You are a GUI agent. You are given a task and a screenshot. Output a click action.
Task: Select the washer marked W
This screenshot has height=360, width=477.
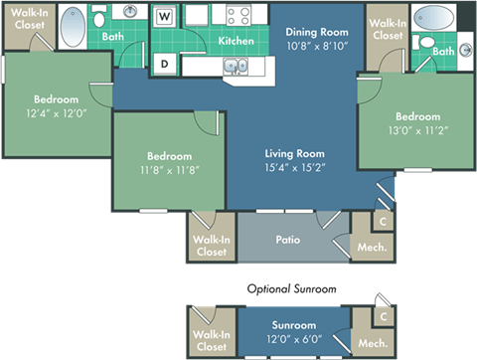165,17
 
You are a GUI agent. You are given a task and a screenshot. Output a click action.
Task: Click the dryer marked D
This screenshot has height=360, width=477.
165,63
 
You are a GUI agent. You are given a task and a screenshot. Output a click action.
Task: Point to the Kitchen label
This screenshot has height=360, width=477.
236,42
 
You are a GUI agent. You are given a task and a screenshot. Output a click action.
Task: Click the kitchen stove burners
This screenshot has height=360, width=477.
238,15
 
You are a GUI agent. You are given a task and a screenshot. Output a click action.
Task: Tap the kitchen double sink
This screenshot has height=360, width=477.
235,67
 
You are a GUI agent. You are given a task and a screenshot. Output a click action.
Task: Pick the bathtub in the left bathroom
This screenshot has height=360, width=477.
74,29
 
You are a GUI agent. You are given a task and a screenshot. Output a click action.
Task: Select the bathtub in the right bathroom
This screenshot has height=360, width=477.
432,19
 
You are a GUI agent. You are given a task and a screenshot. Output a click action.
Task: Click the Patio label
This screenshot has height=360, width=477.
288,240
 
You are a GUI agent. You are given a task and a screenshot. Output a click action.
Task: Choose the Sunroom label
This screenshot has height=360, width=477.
295,325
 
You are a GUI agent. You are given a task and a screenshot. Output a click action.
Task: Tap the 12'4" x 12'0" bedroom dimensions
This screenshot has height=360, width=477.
56,113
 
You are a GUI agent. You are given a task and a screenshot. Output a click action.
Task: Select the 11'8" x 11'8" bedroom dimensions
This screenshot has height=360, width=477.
169,170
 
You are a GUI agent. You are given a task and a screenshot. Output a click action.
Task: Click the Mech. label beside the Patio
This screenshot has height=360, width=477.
372,248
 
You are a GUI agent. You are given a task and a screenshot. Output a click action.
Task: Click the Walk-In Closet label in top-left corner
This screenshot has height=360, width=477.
27,18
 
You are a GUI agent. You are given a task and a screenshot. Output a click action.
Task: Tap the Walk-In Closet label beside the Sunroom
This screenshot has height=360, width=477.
211,340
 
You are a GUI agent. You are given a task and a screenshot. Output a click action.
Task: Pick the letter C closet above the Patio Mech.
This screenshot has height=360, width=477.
383,223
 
